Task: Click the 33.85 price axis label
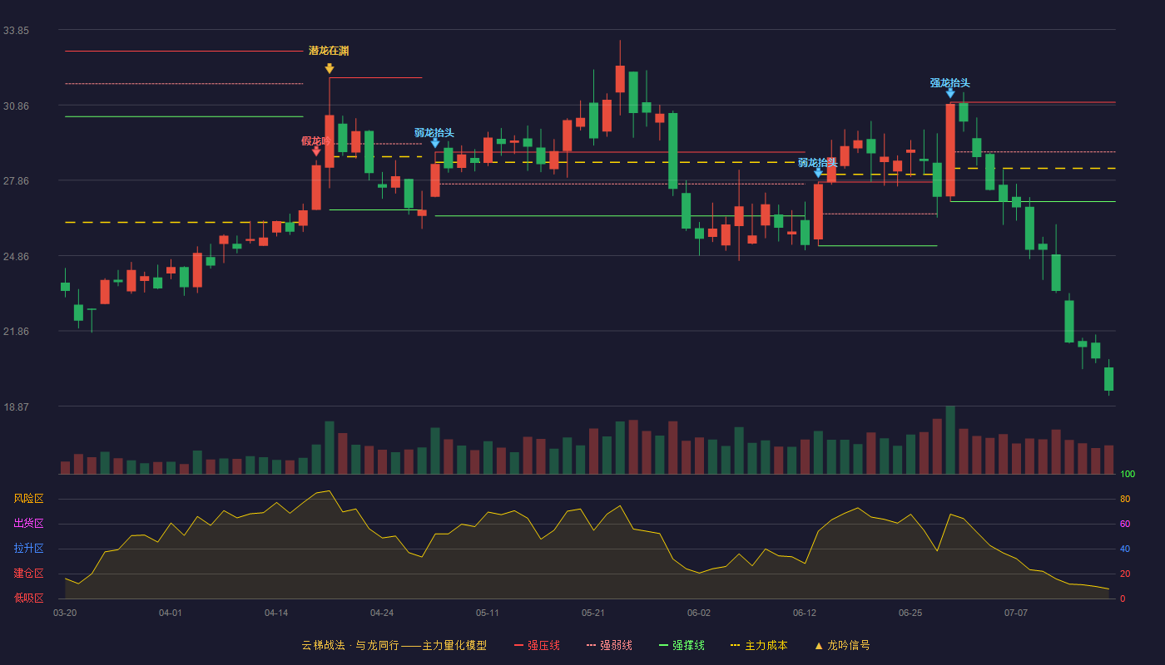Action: [x=16, y=31]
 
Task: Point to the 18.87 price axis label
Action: [x=16, y=406]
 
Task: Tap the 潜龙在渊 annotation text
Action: [x=329, y=51]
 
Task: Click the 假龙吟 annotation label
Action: [x=315, y=140]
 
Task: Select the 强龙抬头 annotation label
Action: [x=949, y=83]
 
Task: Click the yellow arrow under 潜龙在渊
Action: [x=330, y=68]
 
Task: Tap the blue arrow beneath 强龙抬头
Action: [x=950, y=93]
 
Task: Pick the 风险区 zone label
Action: [x=28, y=499]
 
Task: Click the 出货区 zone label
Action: [x=28, y=523]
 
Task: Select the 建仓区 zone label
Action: [x=28, y=573]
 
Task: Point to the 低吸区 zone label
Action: [x=28, y=598]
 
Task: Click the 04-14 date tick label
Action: [x=276, y=613]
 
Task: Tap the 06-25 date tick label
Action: [x=910, y=613]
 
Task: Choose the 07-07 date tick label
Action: [x=1016, y=613]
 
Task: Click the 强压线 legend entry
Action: [x=537, y=645]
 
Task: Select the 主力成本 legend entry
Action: [x=759, y=645]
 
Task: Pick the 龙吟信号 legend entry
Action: [x=842, y=645]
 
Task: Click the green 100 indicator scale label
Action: [x=1128, y=474]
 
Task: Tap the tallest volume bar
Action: [x=950, y=440]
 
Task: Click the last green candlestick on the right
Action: [x=1108, y=379]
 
